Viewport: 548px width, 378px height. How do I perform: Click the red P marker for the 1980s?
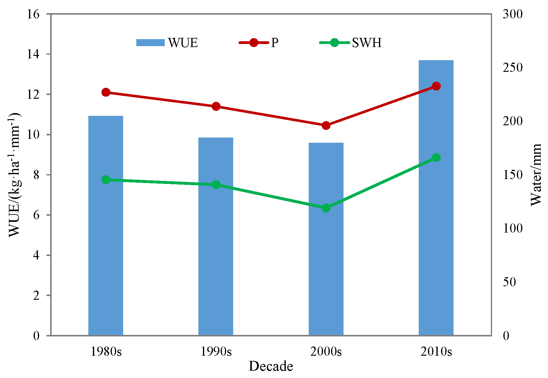coord(106,92)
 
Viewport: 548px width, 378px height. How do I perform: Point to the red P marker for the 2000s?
coord(326,125)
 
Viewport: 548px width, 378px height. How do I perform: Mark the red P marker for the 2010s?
coord(436,86)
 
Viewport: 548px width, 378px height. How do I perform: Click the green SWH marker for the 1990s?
coord(216,185)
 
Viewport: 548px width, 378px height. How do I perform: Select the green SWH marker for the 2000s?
coord(326,208)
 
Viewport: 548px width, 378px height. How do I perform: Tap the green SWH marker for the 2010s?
coord(436,158)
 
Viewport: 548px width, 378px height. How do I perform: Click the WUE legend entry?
coord(167,43)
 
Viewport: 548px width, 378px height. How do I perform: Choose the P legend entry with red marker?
coord(258,43)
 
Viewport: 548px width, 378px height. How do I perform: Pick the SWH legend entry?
coord(350,43)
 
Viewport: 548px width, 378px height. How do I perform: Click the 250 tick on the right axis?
coord(512,68)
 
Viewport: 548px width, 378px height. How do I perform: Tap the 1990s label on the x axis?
coord(216,351)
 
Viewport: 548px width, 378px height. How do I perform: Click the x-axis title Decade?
coord(271,366)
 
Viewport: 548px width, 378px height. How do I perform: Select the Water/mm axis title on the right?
coord(535,175)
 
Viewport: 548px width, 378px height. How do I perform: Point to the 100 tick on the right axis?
coord(512,228)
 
